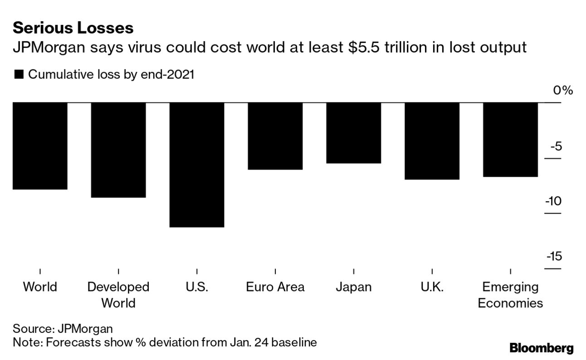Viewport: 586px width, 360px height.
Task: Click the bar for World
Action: click(40, 146)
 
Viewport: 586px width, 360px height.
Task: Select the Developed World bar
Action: click(118, 150)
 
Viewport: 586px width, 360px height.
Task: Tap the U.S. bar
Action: click(197, 165)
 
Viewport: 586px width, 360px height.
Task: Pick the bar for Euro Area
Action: click(275, 136)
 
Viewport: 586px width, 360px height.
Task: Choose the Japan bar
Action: click(353, 132)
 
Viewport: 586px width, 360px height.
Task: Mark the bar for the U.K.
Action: click(432, 141)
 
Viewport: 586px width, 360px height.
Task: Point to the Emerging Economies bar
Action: click(510, 139)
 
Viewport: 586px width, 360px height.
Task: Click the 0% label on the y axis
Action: click(563, 90)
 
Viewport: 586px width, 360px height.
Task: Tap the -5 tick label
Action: click(556, 146)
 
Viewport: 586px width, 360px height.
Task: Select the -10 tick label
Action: click(553, 201)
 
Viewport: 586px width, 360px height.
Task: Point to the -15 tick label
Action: click(553, 257)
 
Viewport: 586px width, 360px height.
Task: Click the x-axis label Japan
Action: click(353, 287)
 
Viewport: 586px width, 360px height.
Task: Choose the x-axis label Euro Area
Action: click(275, 287)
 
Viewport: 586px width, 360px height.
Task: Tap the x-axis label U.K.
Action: click(432, 287)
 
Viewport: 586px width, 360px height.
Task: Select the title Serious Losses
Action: click(73, 28)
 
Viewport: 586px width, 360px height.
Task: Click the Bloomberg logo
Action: click(542, 348)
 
